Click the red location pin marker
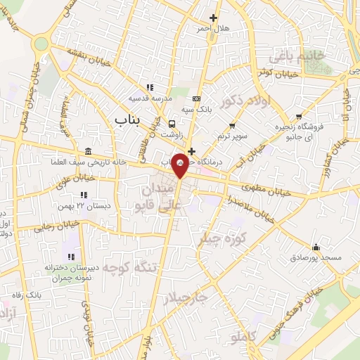pos(181,164)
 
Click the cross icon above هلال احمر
pos(214,18)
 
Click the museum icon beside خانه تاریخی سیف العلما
pos(86,152)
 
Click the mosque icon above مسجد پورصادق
pos(316,247)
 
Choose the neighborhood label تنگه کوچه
pos(108,269)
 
